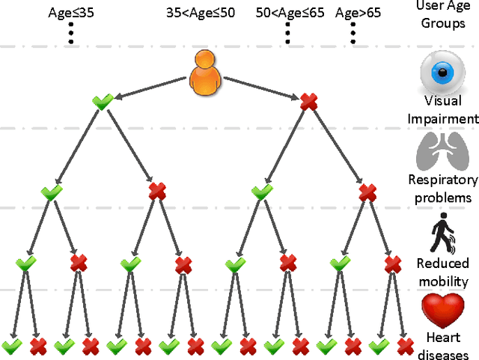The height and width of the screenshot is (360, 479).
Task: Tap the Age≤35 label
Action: pos(72,13)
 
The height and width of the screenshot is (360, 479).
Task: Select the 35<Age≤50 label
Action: pos(201,13)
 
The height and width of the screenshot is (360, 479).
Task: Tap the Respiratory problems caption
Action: pos(443,188)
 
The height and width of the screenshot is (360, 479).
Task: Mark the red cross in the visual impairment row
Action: pos(308,102)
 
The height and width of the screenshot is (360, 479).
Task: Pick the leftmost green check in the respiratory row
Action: pos(51,192)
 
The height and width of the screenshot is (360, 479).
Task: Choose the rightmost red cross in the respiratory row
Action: pos(367,192)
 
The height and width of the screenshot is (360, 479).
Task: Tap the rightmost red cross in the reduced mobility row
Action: pos(393,263)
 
